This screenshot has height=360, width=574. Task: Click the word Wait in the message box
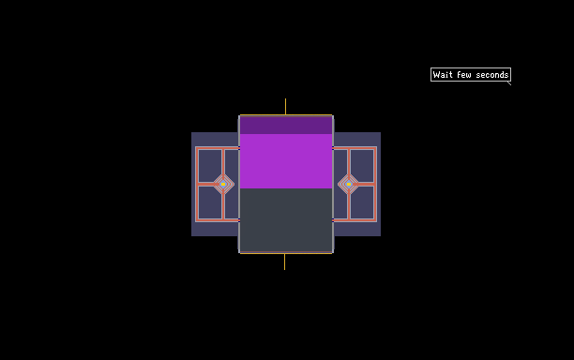tap(443, 75)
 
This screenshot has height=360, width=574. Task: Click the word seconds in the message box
tap(492, 75)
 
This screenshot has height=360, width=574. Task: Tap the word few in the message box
tap(464, 75)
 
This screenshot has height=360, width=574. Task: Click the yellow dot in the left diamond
tap(223, 185)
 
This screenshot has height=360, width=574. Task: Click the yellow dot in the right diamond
tap(349, 185)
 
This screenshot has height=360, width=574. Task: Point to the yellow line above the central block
tap(285, 107)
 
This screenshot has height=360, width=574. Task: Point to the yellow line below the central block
tap(285, 262)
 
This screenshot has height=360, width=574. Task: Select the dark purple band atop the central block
tap(286, 125)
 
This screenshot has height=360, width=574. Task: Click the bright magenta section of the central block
tap(286, 161)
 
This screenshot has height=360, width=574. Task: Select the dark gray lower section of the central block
tap(286, 220)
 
